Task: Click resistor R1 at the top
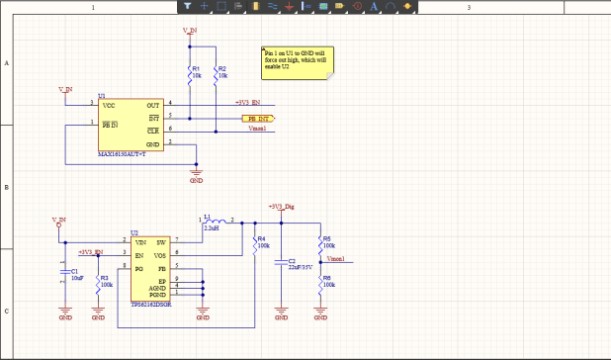189,71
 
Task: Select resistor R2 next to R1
216,71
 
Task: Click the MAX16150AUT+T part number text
122,154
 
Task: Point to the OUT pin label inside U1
153,104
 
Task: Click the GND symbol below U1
196,175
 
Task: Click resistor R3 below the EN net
98,281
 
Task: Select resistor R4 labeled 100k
255,242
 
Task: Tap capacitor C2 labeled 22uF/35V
281,261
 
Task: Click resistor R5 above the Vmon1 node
320,242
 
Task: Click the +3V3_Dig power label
281,207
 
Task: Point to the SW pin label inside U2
160,241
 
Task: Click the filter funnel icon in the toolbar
187,6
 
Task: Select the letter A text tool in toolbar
373,6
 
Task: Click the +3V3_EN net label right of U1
247,103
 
